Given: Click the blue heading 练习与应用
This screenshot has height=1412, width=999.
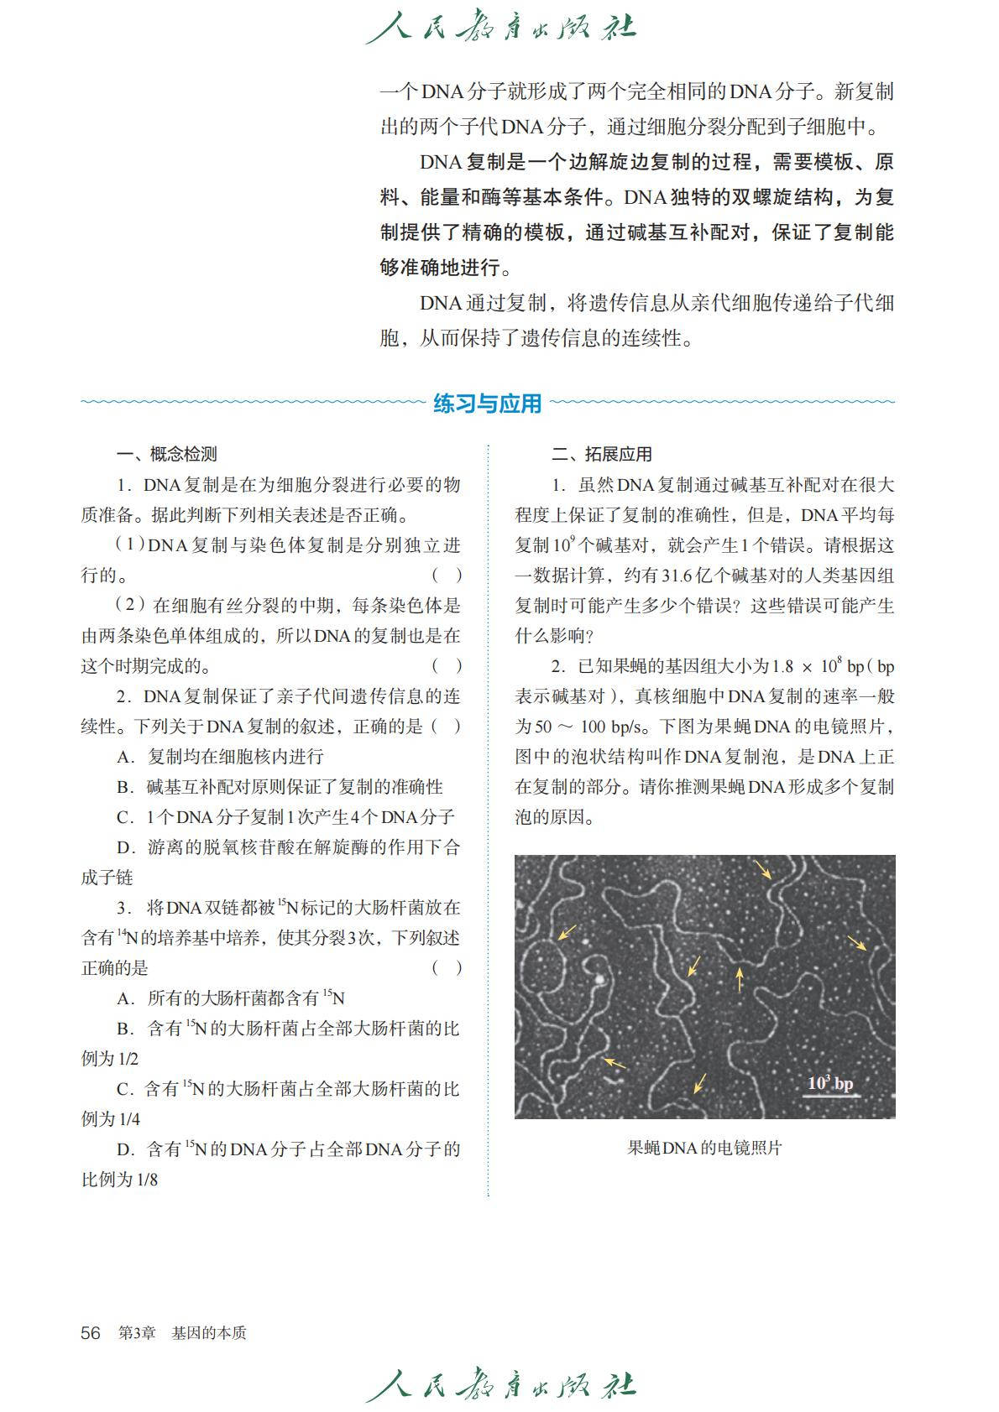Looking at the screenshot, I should [x=488, y=404].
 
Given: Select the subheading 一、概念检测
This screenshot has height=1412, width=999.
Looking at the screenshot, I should [x=166, y=454].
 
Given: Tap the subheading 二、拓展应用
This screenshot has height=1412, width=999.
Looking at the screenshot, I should [x=601, y=454].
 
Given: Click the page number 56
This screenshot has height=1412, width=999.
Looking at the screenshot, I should [x=91, y=1333].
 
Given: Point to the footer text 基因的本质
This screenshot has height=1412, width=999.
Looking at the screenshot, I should [x=209, y=1333].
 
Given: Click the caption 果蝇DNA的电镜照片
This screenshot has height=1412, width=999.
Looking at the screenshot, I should [x=704, y=1148].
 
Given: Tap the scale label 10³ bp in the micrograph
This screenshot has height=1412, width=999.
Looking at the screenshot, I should [x=829, y=1083].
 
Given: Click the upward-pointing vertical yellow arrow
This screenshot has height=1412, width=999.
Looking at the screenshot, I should [x=740, y=978].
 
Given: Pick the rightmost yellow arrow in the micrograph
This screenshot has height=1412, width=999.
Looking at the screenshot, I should [x=857, y=943].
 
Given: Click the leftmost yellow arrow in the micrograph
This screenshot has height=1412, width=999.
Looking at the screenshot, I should [x=567, y=932].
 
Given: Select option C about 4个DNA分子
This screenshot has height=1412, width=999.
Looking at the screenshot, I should [x=285, y=816].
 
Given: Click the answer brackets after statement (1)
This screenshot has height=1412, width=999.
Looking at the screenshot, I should [x=447, y=576].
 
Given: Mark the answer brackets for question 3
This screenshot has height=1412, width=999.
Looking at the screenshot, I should [x=447, y=967].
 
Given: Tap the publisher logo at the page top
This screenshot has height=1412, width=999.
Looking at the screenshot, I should [x=500, y=29].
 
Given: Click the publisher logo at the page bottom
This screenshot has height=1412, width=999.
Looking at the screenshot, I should [x=500, y=1385].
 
